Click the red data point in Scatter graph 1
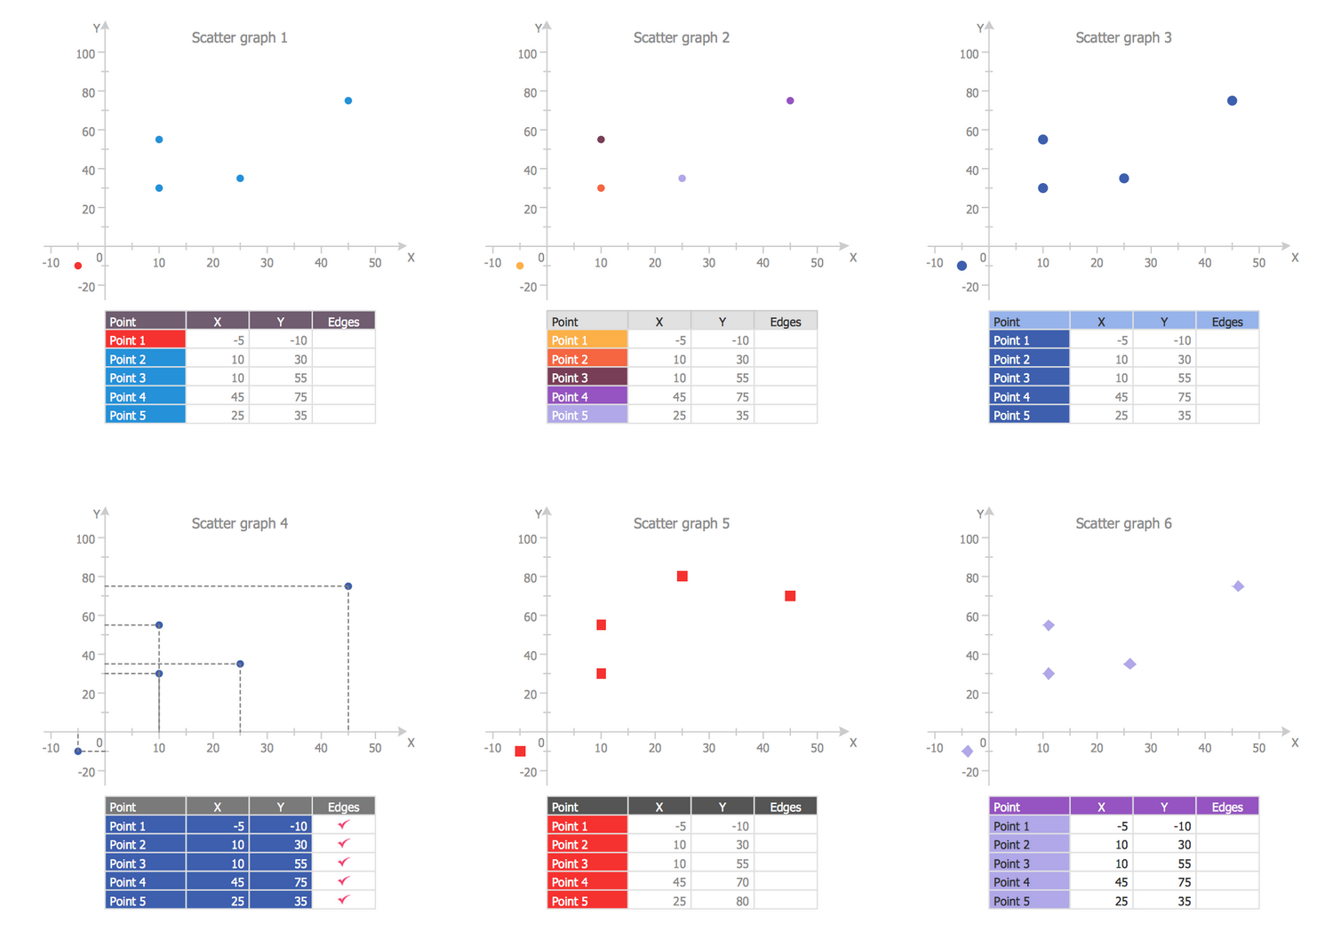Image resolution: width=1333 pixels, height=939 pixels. tap(78, 266)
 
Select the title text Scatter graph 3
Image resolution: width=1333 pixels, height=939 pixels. tap(1123, 37)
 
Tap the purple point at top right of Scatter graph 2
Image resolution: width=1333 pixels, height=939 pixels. tap(790, 100)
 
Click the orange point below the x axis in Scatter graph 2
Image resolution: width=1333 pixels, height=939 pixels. tap(520, 266)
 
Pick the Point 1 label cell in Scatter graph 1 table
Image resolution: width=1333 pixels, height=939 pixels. tap(145, 340)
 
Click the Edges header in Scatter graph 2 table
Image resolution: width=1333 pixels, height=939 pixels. tap(785, 322)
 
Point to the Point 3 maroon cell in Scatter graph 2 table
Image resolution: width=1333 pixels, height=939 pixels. tap(587, 378)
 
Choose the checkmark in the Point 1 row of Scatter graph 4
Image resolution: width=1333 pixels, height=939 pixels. tap(343, 825)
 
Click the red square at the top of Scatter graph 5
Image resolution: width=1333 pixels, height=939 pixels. tap(682, 577)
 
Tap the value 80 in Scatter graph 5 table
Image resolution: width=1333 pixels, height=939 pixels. tap(742, 901)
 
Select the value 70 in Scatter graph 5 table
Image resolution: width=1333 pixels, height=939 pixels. tap(742, 882)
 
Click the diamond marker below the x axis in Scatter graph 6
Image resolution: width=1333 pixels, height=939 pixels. tap(968, 752)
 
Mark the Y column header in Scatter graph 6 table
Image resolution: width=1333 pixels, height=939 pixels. tap(1163, 807)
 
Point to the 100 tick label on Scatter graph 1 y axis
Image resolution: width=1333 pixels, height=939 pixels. tap(85, 53)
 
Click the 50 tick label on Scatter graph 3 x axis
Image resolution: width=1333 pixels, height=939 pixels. tap(1258, 263)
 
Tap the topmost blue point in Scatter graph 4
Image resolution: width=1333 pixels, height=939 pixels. tap(348, 586)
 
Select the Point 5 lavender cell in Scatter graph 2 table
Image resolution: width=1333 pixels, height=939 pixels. tap(587, 415)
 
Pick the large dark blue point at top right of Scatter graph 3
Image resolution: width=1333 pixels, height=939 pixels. tap(1232, 100)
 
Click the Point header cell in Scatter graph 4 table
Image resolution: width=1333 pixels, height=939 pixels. tap(145, 807)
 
